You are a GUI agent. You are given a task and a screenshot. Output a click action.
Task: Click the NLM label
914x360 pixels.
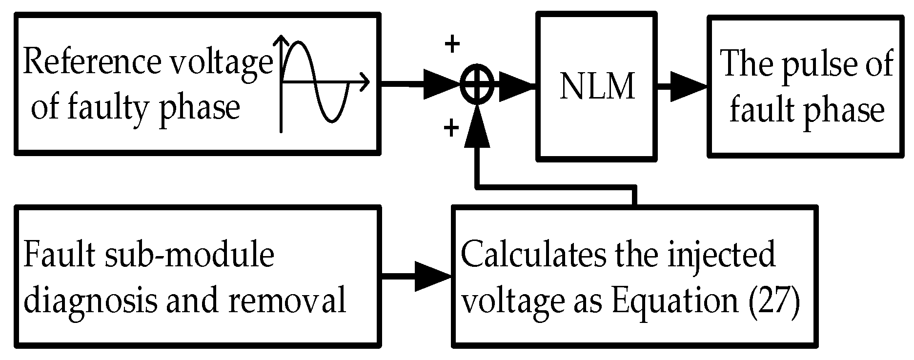pos(597,87)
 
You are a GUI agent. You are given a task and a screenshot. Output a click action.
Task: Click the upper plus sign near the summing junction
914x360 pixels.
pos(452,45)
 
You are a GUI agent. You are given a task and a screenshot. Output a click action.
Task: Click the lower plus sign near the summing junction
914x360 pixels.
pos(451,129)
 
